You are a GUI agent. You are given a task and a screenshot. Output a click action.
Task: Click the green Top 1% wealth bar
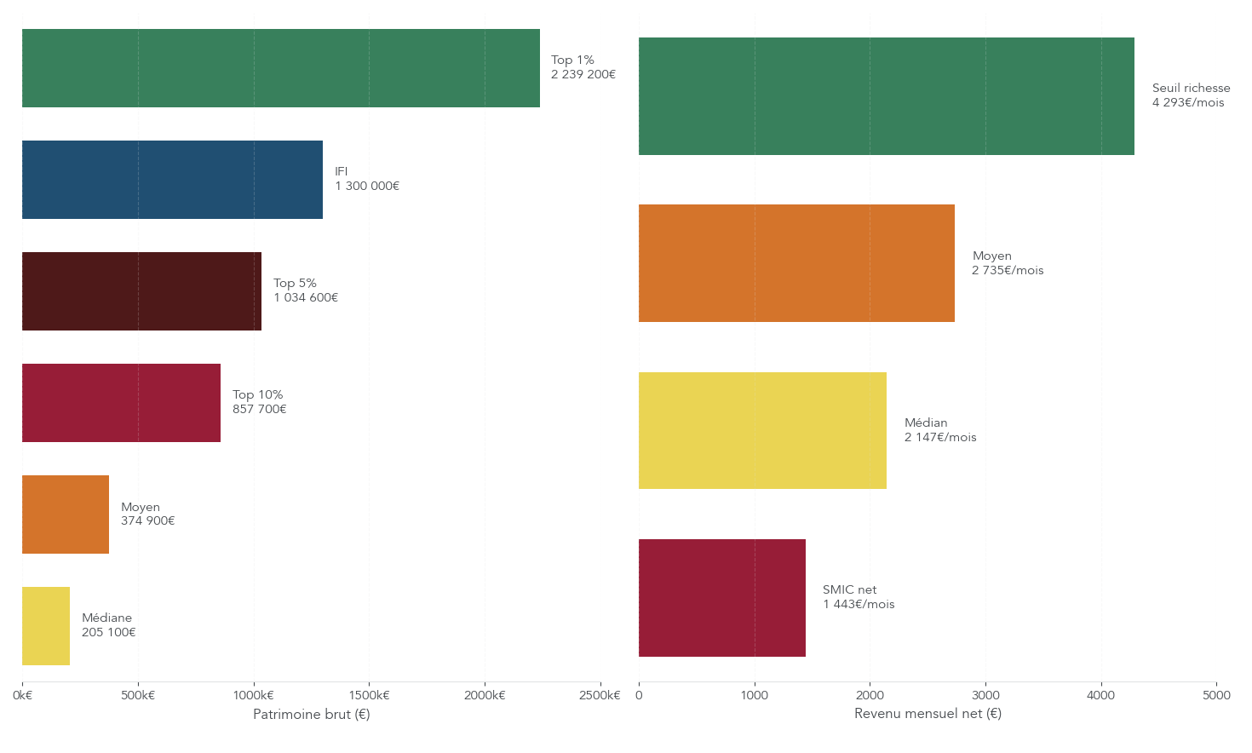[x=281, y=68]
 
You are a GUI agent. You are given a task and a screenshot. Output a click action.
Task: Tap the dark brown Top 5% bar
[x=141, y=291]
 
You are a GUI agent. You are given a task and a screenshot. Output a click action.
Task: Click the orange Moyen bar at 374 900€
[x=66, y=514]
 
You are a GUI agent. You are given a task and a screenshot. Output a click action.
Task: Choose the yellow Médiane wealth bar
[x=46, y=626]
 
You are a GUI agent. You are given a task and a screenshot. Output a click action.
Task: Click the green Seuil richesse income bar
[x=886, y=96]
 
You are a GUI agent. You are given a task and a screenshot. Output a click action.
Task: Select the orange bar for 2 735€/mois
[x=796, y=263]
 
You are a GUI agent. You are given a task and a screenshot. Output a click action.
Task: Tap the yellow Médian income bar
[x=762, y=431]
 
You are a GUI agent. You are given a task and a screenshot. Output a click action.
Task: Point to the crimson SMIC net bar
[x=721, y=598]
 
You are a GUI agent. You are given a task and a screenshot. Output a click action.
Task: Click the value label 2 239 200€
[x=583, y=75]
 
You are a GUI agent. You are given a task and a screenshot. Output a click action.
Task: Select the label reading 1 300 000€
[x=367, y=187]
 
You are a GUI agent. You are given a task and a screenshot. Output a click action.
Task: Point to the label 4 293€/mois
[x=1188, y=103]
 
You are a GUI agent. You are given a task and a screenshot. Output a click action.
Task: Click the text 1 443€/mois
[x=859, y=605]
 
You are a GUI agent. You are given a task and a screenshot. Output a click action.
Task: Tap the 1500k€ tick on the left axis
[x=369, y=696]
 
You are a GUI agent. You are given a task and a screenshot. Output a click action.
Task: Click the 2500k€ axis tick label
[x=600, y=696]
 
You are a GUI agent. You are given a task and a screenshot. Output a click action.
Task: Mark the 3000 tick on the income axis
[x=985, y=696]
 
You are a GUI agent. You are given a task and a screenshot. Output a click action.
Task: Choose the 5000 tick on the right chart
[x=1216, y=696]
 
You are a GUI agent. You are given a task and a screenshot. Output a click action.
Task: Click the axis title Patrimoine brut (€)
[x=312, y=715]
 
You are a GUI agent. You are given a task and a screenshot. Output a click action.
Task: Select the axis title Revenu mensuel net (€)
[x=928, y=714]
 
